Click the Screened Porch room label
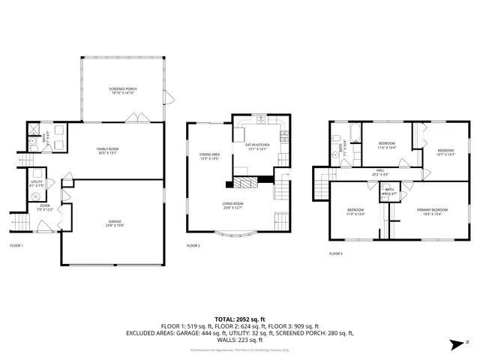pyautogui.click(x=123, y=91)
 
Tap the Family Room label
pyautogui.click(x=108, y=152)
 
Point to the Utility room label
pyautogui.click(x=36, y=184)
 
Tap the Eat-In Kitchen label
pyautogui.click(x=257, y=148)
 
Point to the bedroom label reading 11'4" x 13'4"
pyautogui.click(x=355, y=211)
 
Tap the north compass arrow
pyautogui.click(x=455, y=344)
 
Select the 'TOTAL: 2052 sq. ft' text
pyautogui.click(x=240, y=319)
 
